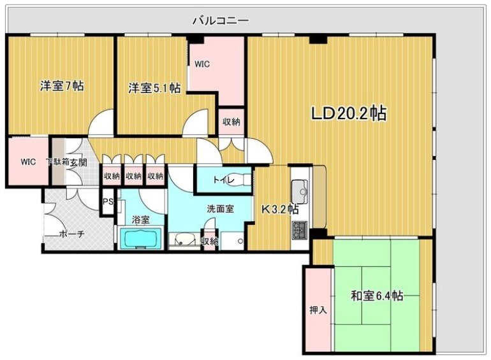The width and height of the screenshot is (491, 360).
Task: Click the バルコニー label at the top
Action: pyautogui.click(x=221, y=21)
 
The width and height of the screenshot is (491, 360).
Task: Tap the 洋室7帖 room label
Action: pyautogui.click(x=62, y=87)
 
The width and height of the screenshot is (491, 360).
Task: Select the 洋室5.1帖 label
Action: pyautogui.click(x=154, y=88)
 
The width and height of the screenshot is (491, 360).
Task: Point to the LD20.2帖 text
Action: pyautogui.click(x=348, y=114)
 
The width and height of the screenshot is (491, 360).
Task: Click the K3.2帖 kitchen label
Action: pyautogui.click(x=277, y=208)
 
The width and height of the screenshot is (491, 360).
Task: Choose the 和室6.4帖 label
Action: pyautogui.click(x=376, y=296)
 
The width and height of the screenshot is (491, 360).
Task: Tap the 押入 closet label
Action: pyautogui.click(x=318, y=310)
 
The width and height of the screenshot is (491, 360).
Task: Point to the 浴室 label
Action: pyautogui.click(x=140, y=220)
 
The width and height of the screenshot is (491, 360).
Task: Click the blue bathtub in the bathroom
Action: pyautogui.click(x=142, y=240)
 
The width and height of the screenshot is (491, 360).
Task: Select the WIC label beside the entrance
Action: pyautogui.click(x=27, y=161)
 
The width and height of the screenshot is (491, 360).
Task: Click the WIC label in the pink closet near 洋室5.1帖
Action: pyautogui.click(x=202, y=64)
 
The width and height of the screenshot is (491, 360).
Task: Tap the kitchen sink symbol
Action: pyautogui.click(x=299, y=190)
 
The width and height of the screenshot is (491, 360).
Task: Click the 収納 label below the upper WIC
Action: pyautogui.click(x=231, y=122)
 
